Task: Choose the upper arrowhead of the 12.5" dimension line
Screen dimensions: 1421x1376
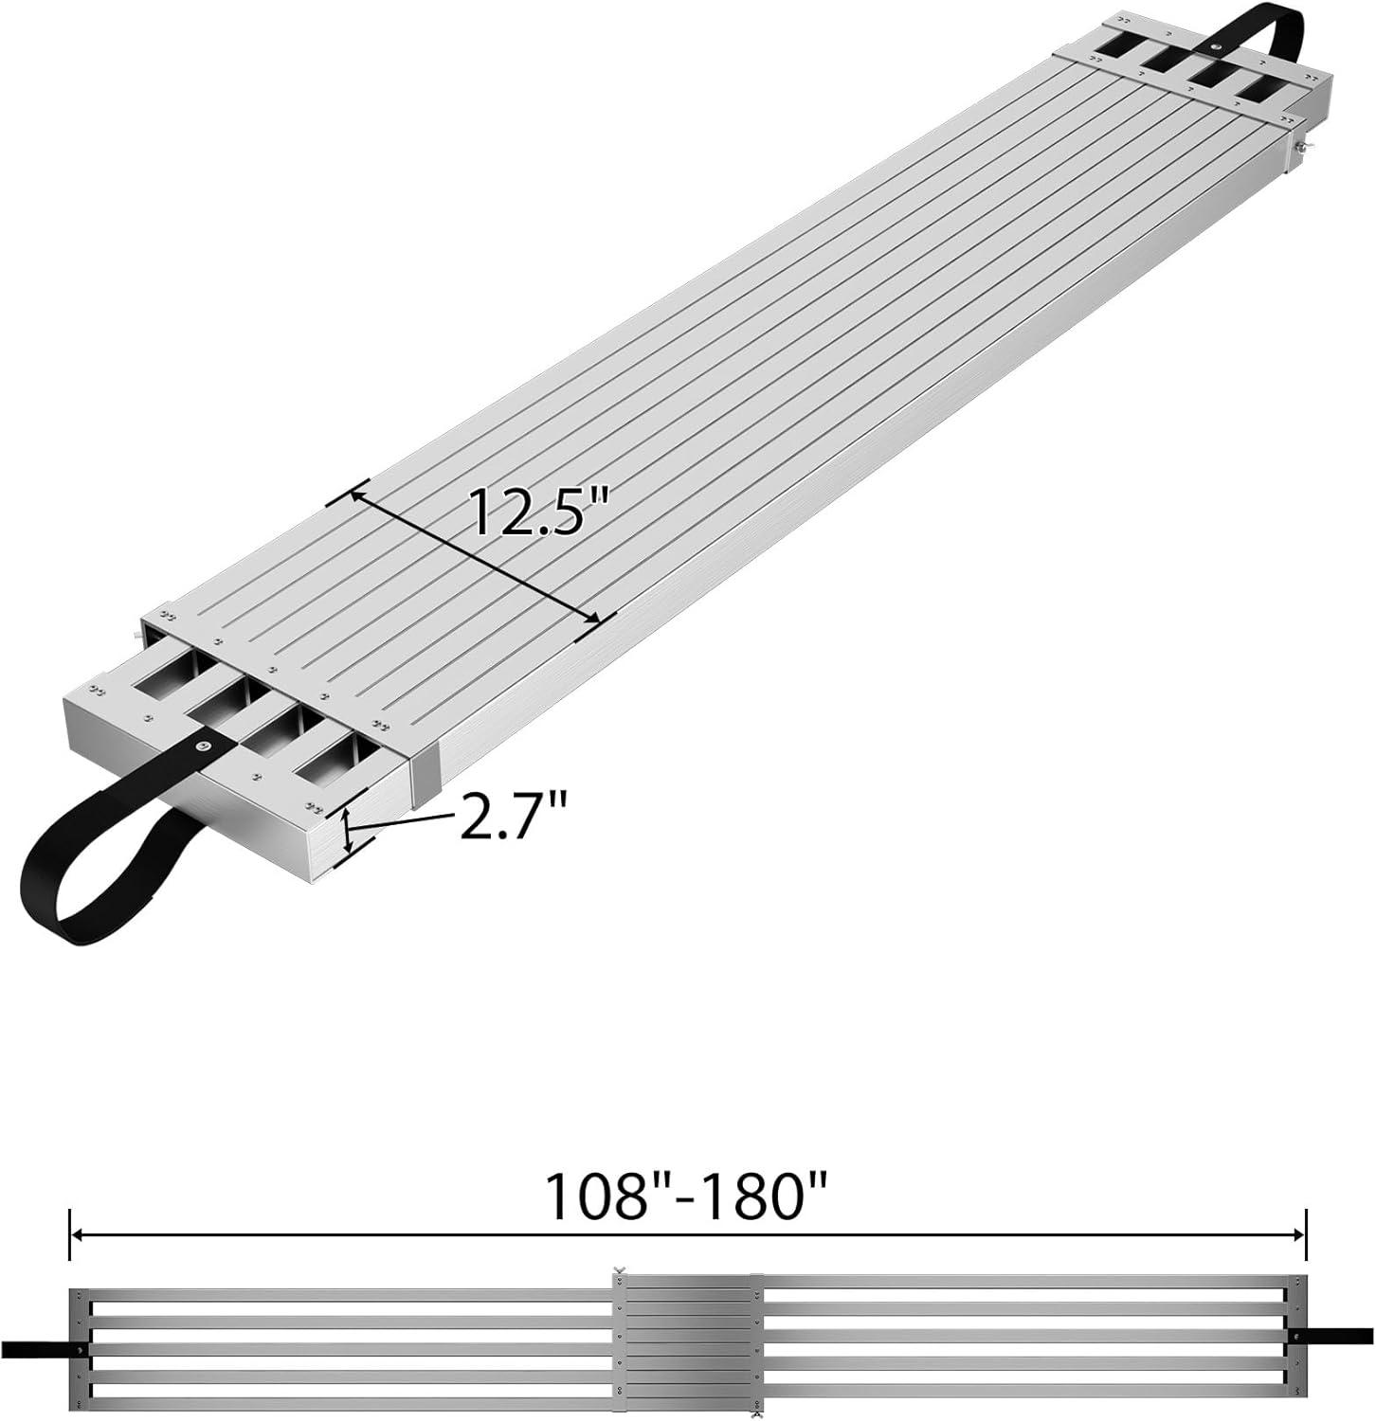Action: pos(358,495)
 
